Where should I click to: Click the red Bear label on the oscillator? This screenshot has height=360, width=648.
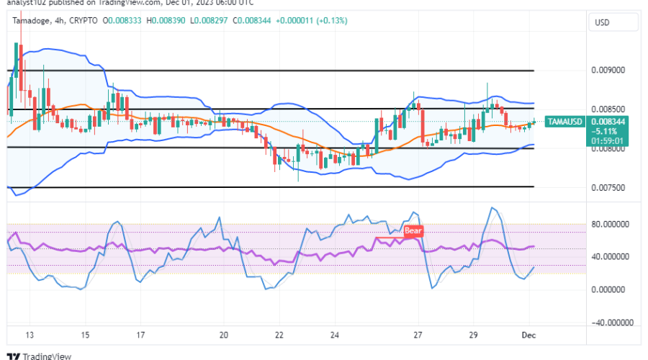tap(413, 231)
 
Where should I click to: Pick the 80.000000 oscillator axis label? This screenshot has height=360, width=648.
tap(610, 224)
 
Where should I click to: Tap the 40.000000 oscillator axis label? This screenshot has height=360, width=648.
tap(610, 256)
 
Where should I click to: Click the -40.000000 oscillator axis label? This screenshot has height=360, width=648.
tap(608, 322)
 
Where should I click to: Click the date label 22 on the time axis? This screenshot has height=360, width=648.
tap(279, 336)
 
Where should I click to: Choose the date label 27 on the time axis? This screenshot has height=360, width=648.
tap(418, 336)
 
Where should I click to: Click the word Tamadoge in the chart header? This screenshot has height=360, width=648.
tap(32, 21)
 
